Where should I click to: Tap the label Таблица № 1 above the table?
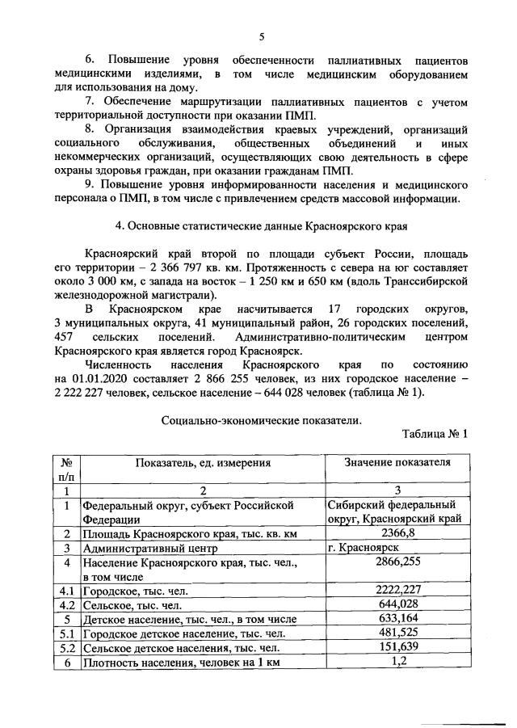tap(435, 434)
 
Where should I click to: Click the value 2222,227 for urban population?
tap(397, 591)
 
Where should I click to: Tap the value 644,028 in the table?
tap(397, 604)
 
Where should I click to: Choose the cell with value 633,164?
tap(397, 619)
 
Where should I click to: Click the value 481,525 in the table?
tap(397, 633)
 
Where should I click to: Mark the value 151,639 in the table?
tap(397, 648)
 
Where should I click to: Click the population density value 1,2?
tap(397, 663)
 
